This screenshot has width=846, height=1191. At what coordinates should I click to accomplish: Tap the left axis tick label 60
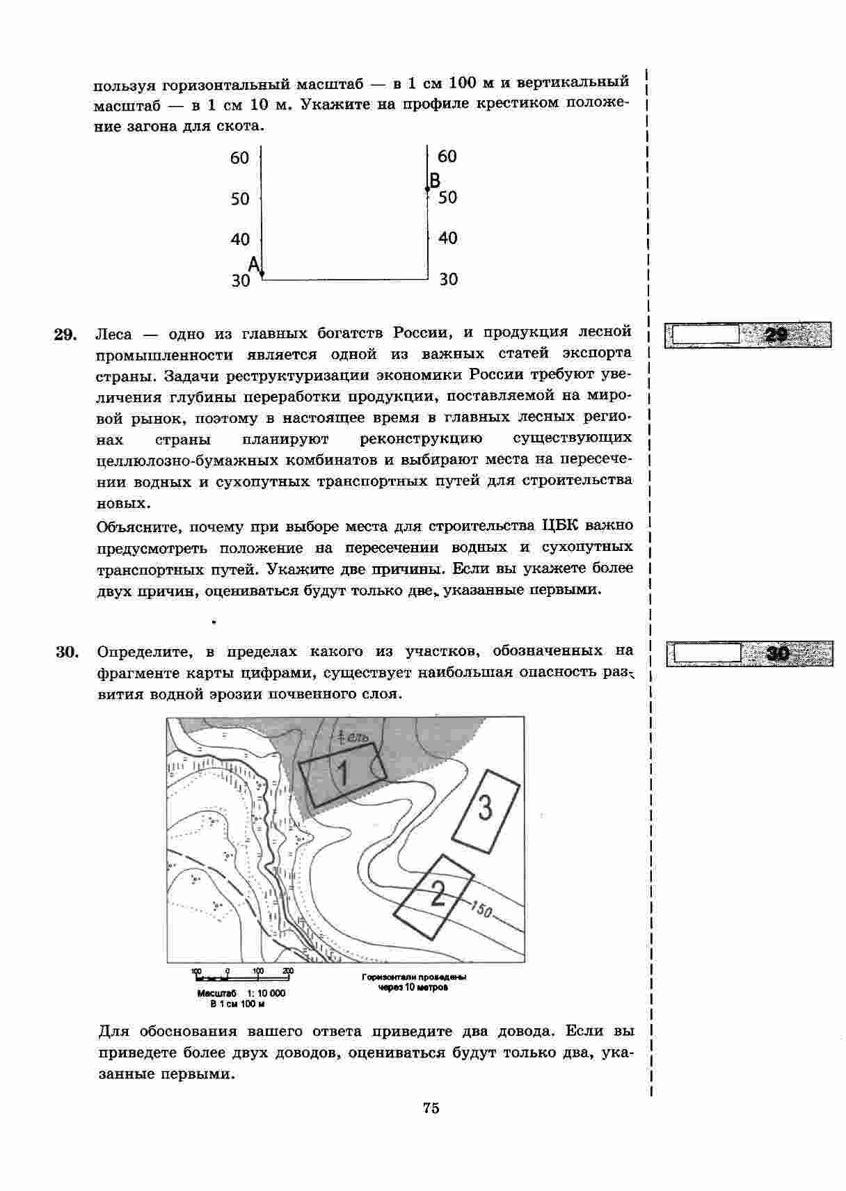click(239, 159)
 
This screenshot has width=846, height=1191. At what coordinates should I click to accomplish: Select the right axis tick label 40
click(448, 239)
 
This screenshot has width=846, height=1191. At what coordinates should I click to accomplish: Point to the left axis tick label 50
click(239, 200)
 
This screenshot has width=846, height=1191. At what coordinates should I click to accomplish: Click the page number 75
click(431, 1108)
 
